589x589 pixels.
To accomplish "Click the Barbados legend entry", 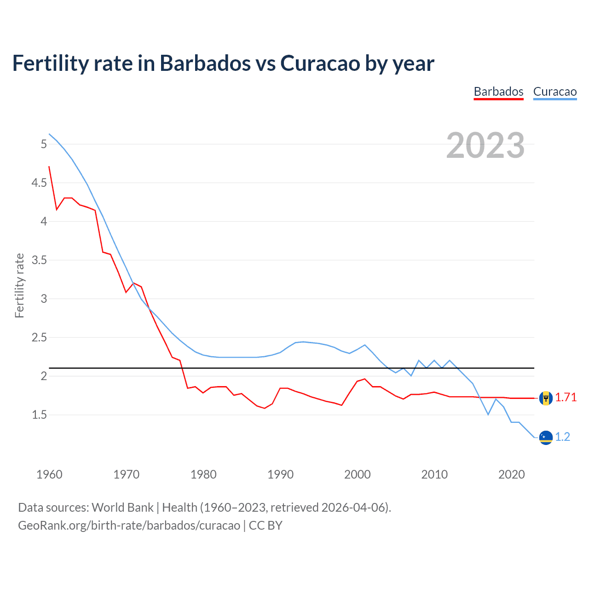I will [498, 92].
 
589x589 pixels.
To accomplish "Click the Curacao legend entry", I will [554, 92].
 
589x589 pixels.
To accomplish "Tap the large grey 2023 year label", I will [485, 145].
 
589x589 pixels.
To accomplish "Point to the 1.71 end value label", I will [566, 398].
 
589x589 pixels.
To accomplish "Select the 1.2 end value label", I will [562, 437].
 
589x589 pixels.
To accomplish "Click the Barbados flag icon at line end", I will [546, 398].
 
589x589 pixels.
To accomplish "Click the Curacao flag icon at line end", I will [546, 438].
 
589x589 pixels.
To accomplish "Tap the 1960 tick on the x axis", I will [49, 474].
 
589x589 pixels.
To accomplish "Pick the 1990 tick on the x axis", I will [280, 474].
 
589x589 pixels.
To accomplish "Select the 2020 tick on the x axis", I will [511, 474].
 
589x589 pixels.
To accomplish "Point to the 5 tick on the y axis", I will [44, 144].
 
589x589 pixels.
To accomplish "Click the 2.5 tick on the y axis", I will [39, 338].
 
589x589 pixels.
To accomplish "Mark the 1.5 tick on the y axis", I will [39, 415].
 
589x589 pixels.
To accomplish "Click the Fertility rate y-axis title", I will [19, 285].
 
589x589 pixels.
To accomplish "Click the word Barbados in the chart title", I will [205, 64].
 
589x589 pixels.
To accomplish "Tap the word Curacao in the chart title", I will [320, 64].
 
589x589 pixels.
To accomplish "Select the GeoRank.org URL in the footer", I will [129, 525].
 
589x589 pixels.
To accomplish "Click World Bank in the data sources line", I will [122, 508].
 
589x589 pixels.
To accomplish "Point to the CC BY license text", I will [266, 525].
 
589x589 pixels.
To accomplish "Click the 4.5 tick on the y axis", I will [39, 183].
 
